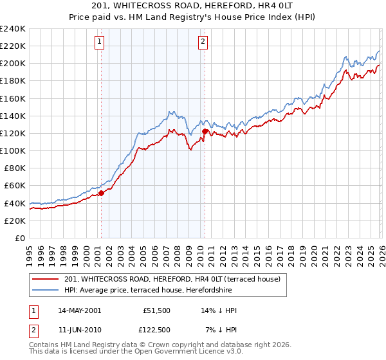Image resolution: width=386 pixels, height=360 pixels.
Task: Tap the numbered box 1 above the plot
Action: [100, 42]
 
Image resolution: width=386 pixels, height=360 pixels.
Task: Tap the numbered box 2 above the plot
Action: [203, 42]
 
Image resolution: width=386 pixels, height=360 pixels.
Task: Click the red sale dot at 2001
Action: [101, 192]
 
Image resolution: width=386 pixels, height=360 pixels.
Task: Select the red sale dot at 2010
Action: [205, 131]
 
